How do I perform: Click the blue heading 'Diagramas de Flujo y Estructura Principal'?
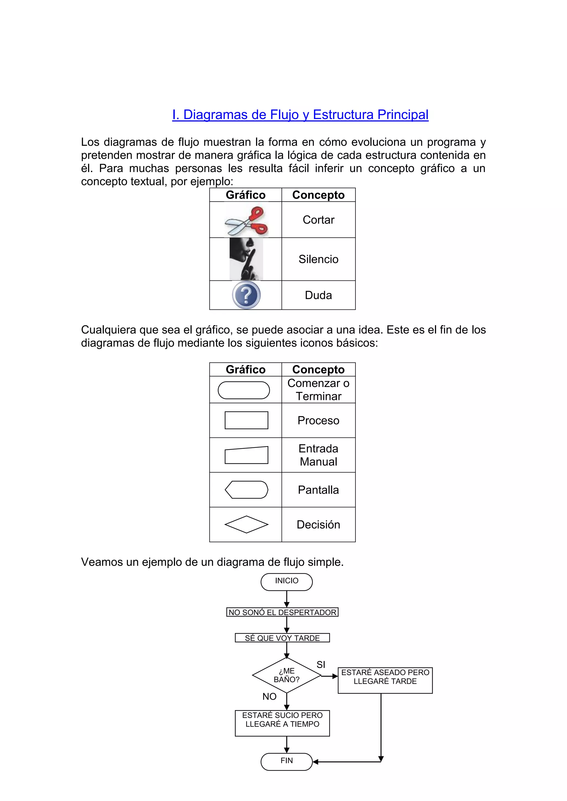(x=300, y=115)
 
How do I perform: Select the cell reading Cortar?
(x=318, y=220)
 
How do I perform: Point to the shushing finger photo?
(x=246, y=259)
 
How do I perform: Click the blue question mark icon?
(x=246, y=295)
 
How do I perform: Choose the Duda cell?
(x=318, y=295)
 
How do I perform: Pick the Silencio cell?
(x=318, y=259)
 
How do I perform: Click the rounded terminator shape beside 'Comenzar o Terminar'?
(x=244, y=390)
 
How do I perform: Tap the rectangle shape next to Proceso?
(x=246, y=420)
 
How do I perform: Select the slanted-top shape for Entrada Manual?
(x=246, y=455)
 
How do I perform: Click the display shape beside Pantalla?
(x=246, y=490)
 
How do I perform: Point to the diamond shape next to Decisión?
(x=246, y=524)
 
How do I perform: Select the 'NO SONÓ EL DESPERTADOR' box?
(x=282, y=612)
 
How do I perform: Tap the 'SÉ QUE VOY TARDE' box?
(x=282, y=638)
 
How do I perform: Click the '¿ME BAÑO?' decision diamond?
(x=287, y=675)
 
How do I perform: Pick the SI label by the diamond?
(x=321, y=665)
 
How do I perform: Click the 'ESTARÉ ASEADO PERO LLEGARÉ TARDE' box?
(x=385, y=680)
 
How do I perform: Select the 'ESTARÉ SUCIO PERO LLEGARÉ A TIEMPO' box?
(x=282, y=724)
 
